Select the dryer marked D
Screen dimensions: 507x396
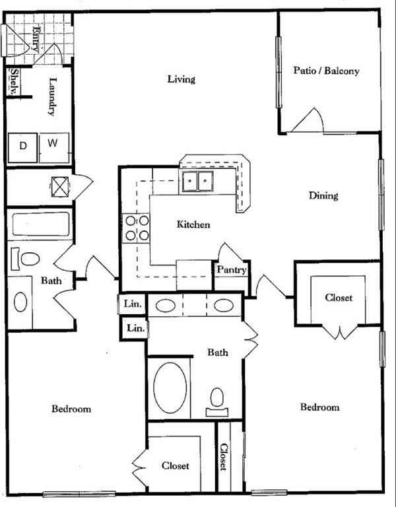coord(22,146)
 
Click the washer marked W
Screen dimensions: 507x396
coord(53,143)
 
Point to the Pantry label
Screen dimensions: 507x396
coord(231,270)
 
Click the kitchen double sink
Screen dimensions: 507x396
coord(197,181)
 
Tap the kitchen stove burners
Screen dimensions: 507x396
coord(135,228)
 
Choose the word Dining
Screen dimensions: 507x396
coord(323,195)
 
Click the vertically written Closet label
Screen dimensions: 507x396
coord(225,456)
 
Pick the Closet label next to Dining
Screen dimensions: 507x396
coord(339,298)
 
